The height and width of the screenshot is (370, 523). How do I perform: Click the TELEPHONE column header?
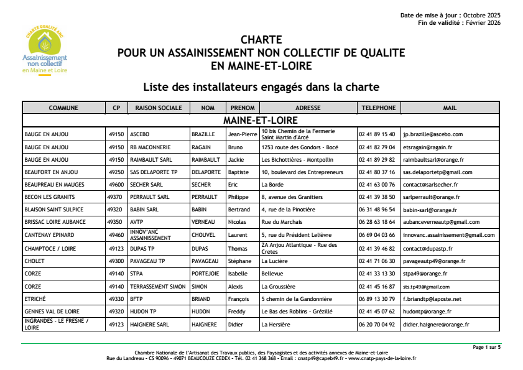click(x=378, y=108)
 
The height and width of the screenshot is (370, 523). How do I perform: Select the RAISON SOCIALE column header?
click(x=159, y=108)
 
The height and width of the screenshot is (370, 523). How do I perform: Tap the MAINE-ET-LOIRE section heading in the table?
click(x=261, y=120)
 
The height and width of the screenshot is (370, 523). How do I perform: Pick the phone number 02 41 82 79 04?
click(x=377, y=147)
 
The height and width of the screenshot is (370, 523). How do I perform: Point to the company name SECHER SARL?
click(x=147, y=185)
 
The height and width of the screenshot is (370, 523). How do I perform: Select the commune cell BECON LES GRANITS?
click(x=49, y=197)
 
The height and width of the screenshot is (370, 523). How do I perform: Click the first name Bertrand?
click(x=239, y=210)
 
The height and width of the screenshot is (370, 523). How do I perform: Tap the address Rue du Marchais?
click(x=282, y=222)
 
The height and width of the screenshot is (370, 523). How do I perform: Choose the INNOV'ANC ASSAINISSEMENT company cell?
click(x=150, y=235)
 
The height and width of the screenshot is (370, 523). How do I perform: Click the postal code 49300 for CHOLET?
click(x=116, y=261)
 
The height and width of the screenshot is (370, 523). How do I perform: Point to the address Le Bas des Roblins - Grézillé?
click(x=297, y=312)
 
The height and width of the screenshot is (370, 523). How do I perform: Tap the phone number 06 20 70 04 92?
click(x=377, y=325)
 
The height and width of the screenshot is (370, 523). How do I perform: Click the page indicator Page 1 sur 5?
click(x=486, y=347)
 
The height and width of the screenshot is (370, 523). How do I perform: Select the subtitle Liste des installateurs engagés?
click(x=261, y=86)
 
